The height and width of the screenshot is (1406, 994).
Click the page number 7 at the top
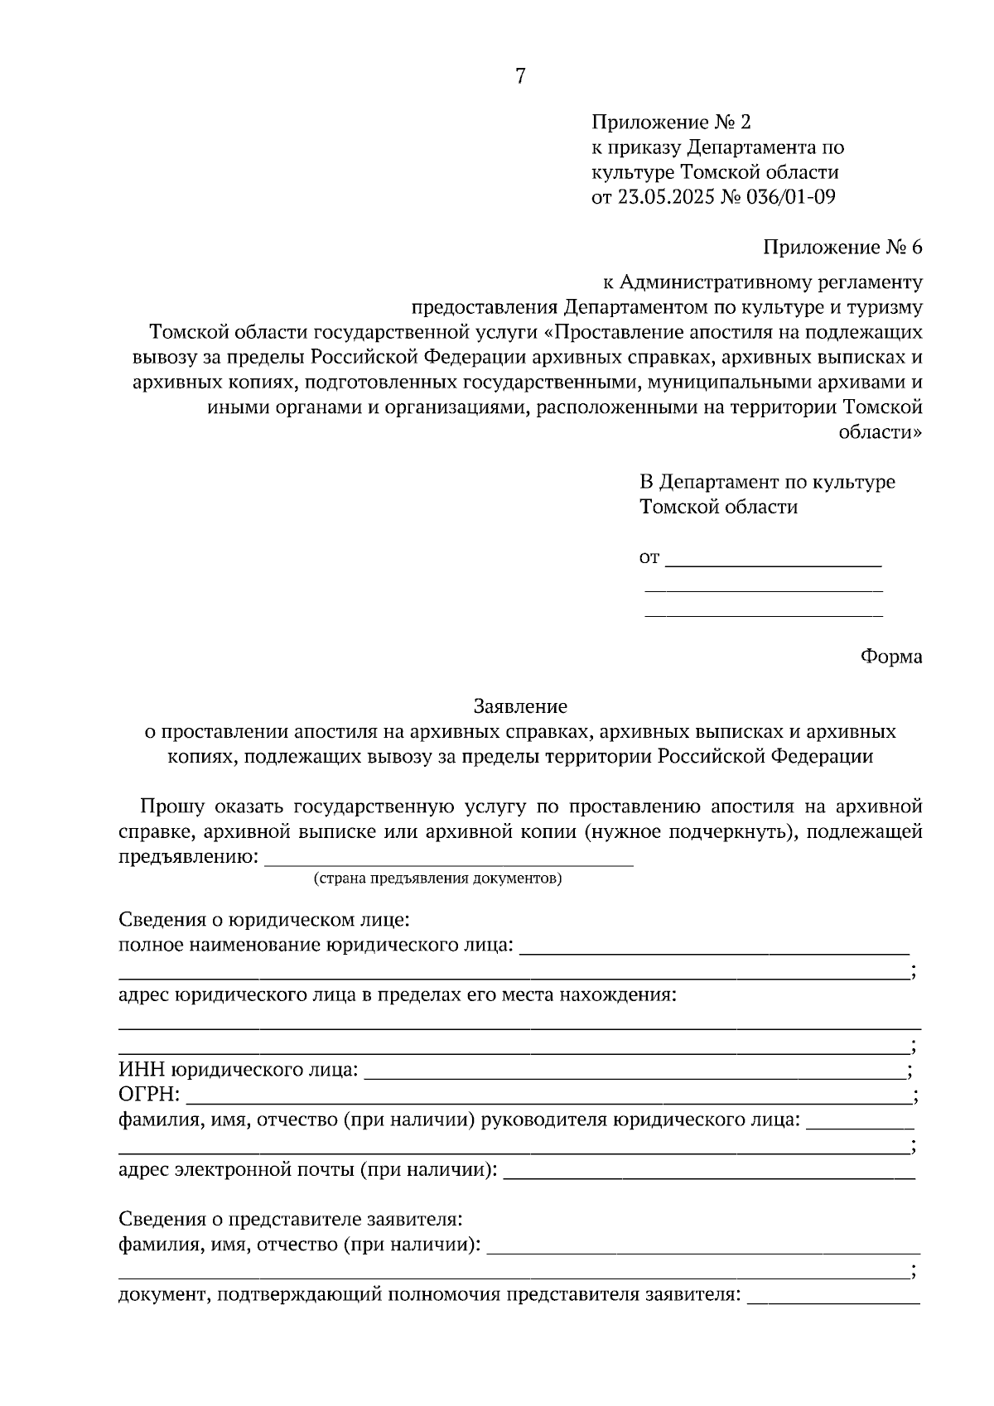(x=519, y=76)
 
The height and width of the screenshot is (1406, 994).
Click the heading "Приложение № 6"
(x=842, y=248)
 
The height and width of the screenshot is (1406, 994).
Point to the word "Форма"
(x=890, y=657)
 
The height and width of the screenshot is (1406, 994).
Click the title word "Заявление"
(x=520, y=706)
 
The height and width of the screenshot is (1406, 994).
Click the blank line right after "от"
(x=774, y=563)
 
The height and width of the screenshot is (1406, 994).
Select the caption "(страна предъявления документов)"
(x=437, y=879)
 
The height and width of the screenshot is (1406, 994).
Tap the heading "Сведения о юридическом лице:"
(x=264, y=920)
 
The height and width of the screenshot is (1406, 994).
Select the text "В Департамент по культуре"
(x=767, y=482)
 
